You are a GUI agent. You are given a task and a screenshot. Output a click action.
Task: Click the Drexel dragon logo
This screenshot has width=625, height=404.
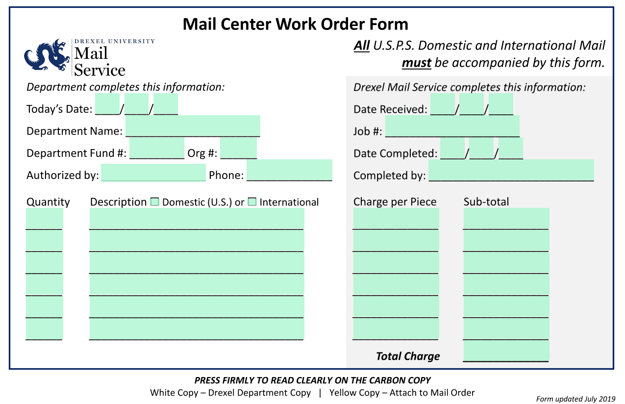47,55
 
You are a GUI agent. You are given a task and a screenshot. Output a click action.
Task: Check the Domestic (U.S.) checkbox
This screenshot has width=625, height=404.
154,202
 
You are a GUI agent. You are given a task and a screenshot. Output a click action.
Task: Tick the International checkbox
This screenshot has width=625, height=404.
252,202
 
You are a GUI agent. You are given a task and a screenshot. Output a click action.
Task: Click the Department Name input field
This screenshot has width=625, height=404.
193,126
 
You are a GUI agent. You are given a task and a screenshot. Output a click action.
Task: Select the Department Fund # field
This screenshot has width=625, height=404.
157,148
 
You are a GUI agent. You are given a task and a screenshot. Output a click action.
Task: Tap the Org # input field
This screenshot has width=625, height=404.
238,148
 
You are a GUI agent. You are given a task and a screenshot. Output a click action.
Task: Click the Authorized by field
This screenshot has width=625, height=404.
153,173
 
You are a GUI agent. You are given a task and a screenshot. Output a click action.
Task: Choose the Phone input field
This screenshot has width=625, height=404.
289,170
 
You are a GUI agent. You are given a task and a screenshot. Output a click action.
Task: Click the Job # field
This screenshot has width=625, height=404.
452,126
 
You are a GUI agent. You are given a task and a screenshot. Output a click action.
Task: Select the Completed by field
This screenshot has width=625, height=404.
511,170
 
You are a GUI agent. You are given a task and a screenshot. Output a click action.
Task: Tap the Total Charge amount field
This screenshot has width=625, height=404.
506,351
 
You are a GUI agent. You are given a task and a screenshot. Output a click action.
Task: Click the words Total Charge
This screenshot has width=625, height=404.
408,356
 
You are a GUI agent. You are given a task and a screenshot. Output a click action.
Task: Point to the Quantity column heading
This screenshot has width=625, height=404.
48,202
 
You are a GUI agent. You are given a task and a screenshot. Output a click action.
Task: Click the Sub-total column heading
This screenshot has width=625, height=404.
486,202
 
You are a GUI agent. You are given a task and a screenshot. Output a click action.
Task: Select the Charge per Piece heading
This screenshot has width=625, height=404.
395,202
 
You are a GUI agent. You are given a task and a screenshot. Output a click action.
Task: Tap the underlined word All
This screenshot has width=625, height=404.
362,46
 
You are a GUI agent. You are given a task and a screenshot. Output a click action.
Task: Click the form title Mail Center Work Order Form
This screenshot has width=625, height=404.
296,24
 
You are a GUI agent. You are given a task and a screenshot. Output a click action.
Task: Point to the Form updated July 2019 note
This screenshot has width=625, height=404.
575,399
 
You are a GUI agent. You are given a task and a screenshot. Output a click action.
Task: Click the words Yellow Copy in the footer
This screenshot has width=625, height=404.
354,393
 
